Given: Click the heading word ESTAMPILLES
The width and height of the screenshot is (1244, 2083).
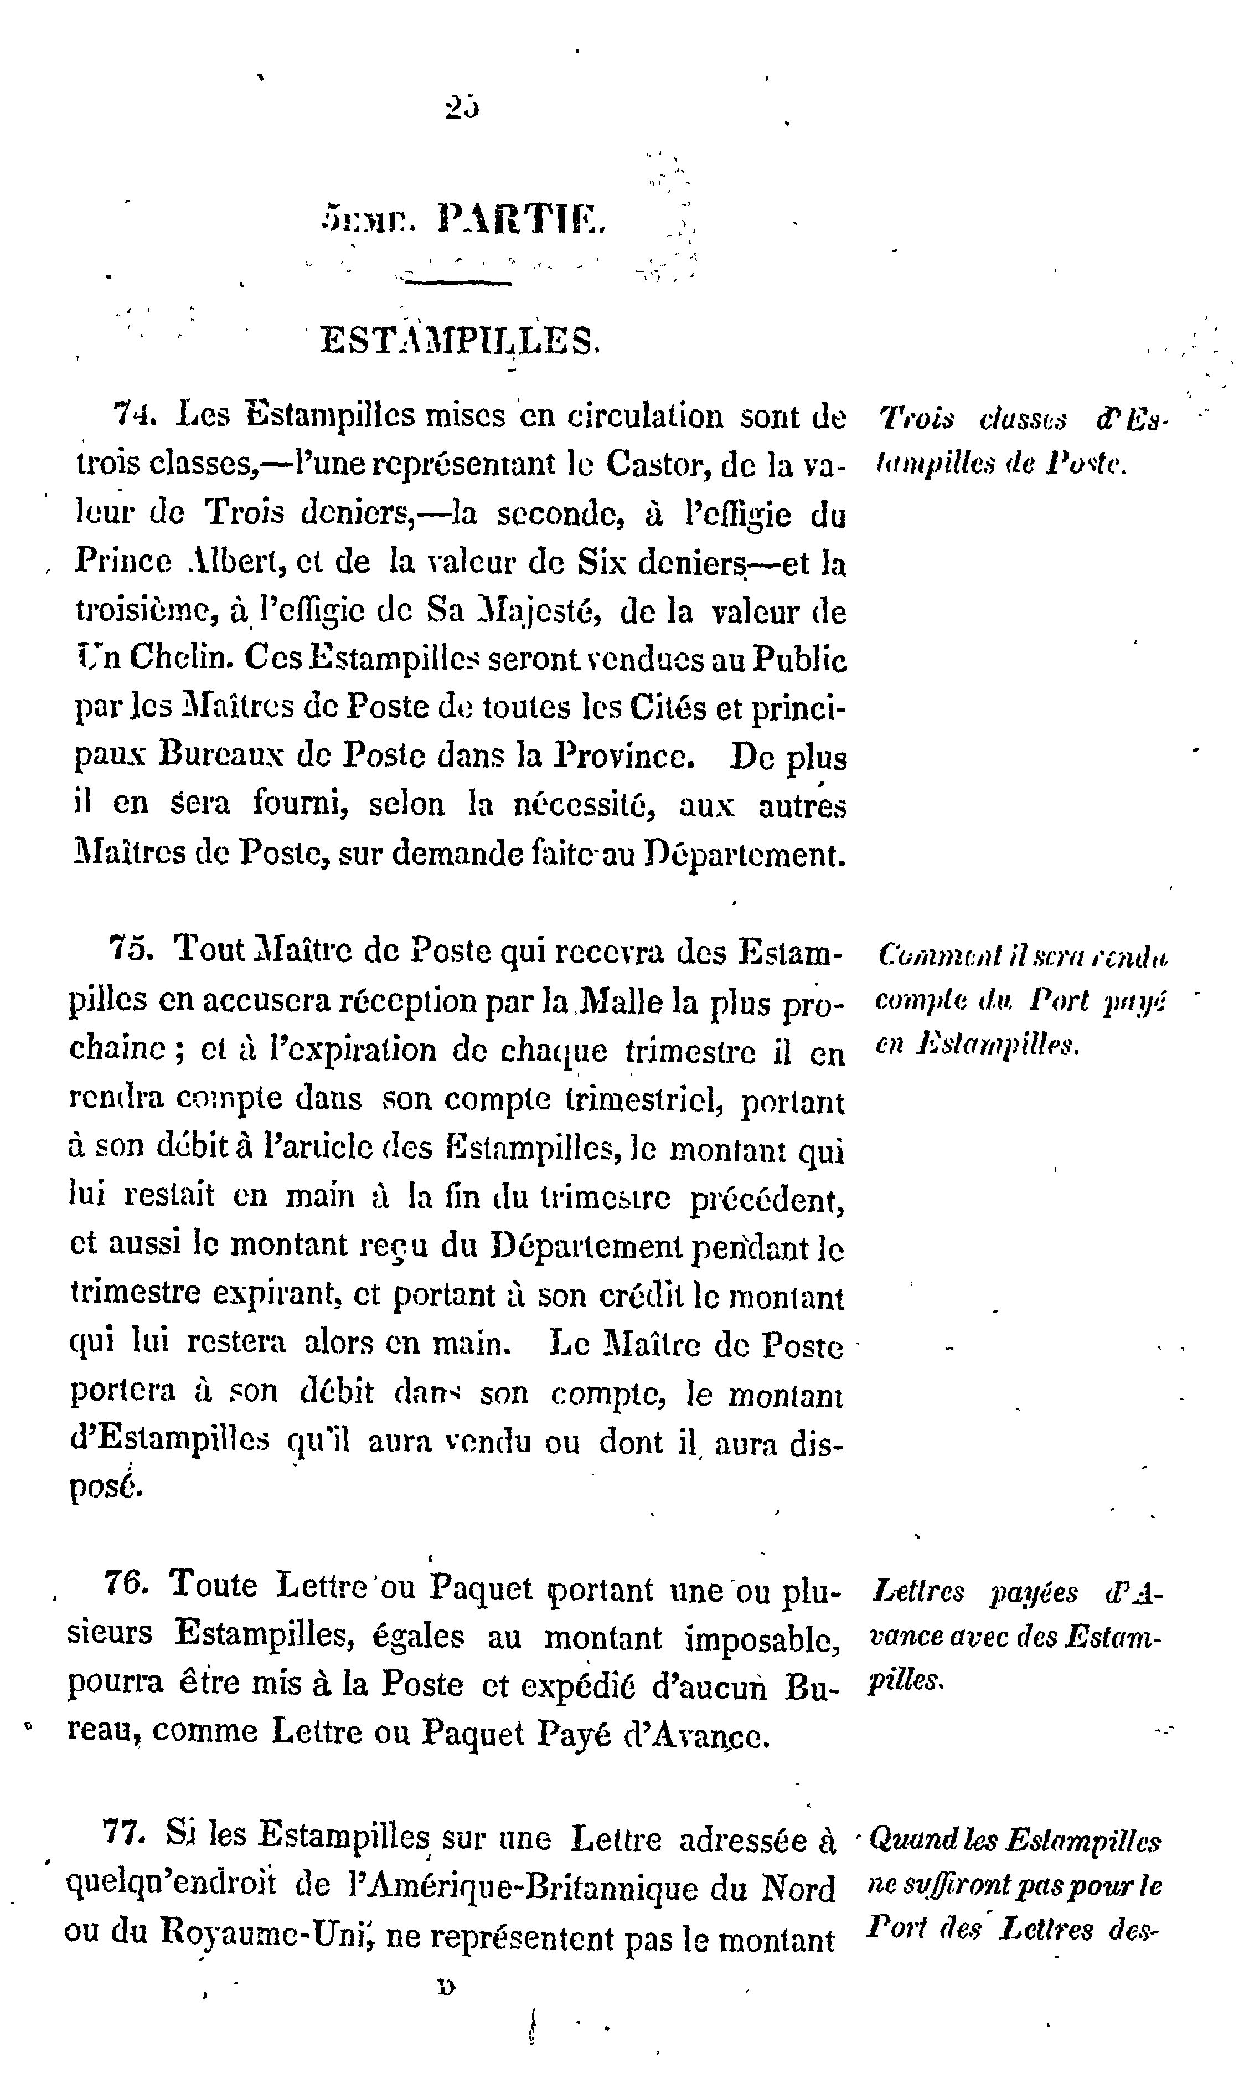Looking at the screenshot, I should click(460, 341).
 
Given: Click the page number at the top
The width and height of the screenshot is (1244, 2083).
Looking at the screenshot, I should click(463, 108).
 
